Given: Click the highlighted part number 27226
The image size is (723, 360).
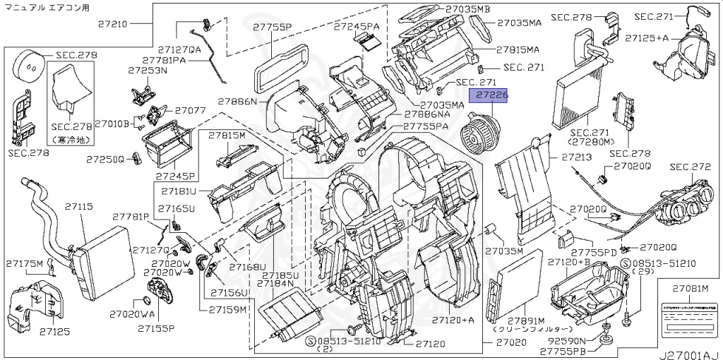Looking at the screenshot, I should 491,94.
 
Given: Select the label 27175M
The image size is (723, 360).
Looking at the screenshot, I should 25,263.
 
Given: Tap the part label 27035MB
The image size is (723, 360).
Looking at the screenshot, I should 467,9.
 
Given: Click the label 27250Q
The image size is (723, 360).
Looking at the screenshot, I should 106,160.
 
